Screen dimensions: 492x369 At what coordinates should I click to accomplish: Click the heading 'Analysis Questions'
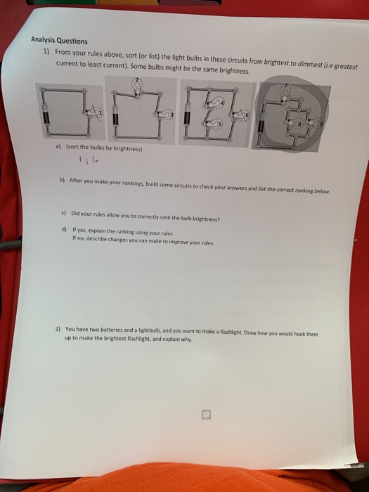pos(58,41)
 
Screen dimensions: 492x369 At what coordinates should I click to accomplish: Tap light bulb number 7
pos(285,90)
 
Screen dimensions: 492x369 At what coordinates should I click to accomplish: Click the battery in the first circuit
pos(46,120)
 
